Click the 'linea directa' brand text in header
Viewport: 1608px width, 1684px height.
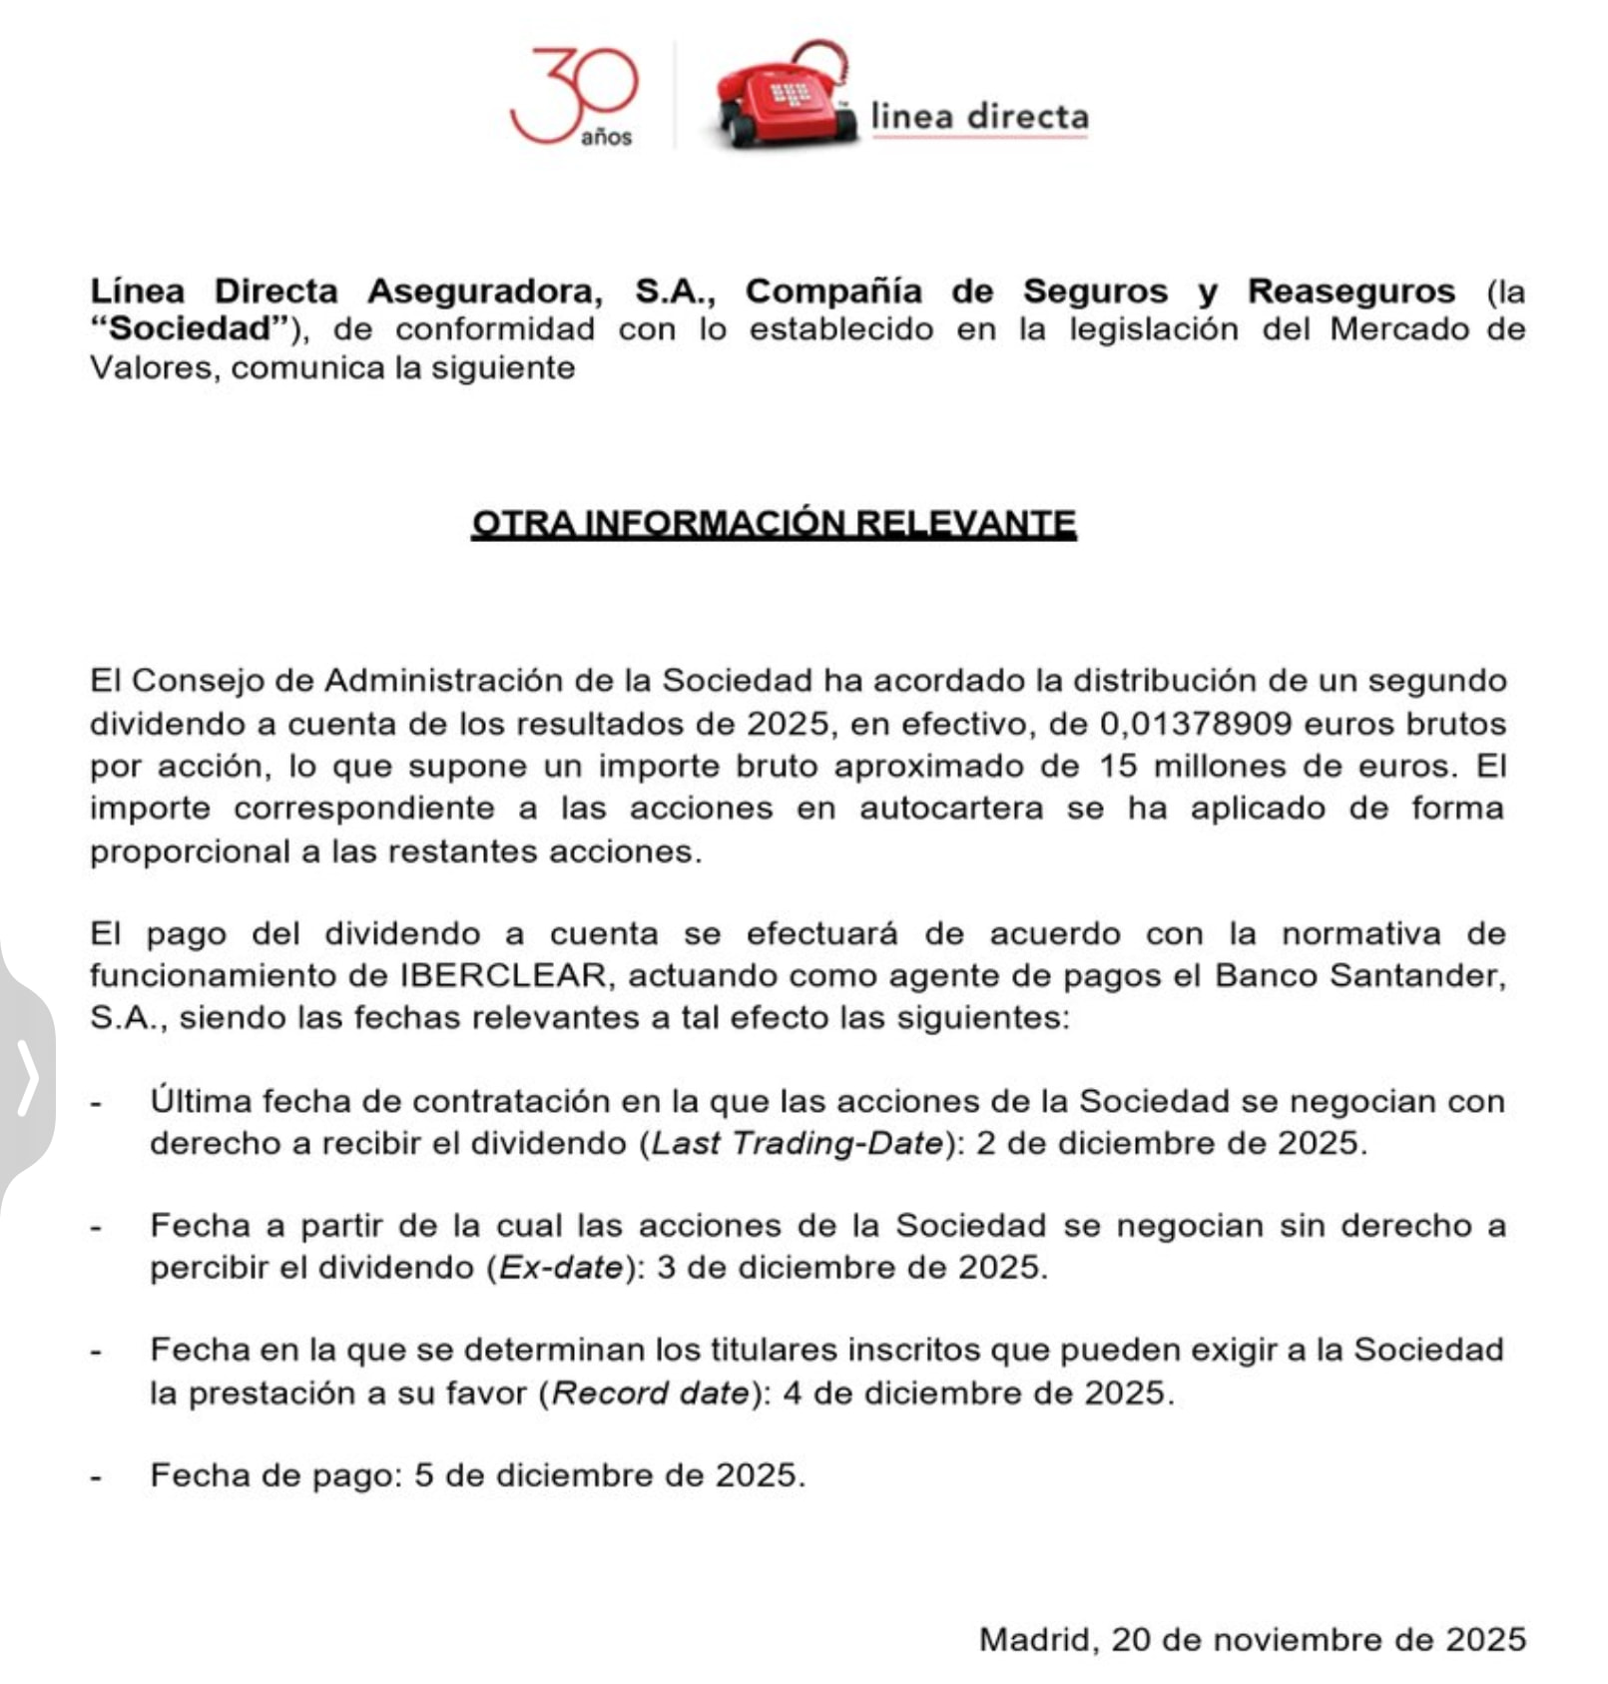tap(979, 117)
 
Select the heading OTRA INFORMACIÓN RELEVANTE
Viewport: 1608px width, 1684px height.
tap(774, 523)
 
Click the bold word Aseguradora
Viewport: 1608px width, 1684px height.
tap(485, 291)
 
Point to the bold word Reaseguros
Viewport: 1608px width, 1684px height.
tap(1350, 291)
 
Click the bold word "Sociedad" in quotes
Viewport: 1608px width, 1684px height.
tap(189, 329)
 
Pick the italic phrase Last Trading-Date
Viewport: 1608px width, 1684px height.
tap(797, 1143)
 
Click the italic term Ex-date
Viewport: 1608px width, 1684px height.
tap(561, 1268)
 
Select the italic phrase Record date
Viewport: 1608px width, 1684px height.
tap(650, 1393)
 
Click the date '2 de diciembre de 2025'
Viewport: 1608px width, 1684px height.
tap(1170, 1143)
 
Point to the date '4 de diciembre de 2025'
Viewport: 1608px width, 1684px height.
tap(977, 1393)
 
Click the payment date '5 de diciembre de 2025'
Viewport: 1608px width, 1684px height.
tap(609, 1475)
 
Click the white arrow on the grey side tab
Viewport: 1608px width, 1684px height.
tap(28, 1077)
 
